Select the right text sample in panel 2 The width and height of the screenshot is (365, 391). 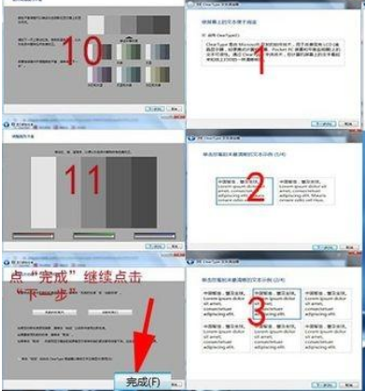point(297,192)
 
